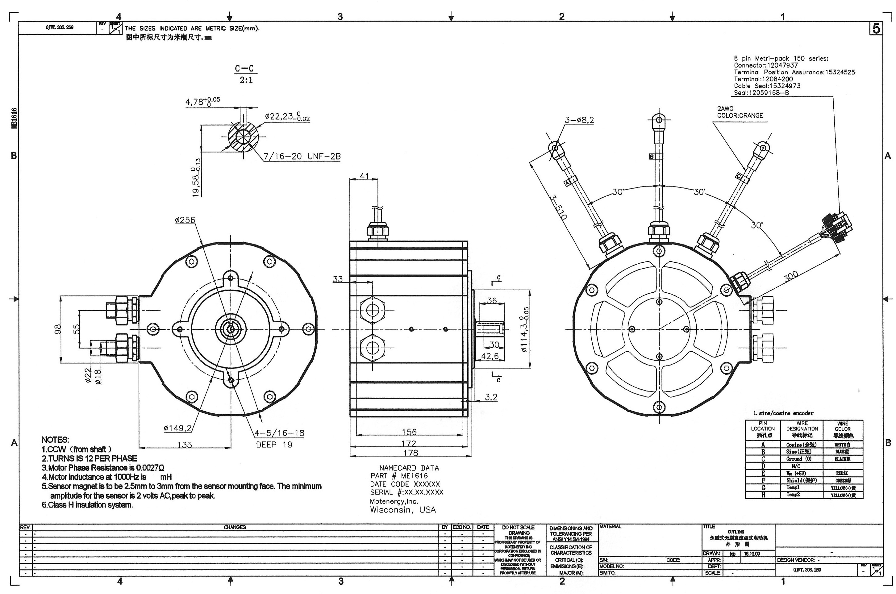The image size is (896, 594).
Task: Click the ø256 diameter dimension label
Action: coord(185,220)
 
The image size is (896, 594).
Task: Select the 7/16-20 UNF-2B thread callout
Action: coord(302,157)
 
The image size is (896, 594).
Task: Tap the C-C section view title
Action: coord(244,69)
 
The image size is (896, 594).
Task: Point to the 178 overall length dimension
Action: coord(410,453)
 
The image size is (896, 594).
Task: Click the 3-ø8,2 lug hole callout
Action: coord(579,120)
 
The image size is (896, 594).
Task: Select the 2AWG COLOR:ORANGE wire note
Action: coord(740,112)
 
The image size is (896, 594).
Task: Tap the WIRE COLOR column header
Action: coord(843,429)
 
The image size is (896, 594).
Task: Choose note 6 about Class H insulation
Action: coord(87,504)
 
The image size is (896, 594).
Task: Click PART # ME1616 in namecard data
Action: coord(399,476)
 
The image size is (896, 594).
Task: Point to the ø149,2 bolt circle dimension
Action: coord(177,429)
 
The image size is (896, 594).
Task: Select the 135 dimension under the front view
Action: coord(185,444)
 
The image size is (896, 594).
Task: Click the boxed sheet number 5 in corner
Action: coord(876,29)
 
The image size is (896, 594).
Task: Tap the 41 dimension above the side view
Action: coord(364,176)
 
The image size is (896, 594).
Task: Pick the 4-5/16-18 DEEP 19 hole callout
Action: coord(279,438)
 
